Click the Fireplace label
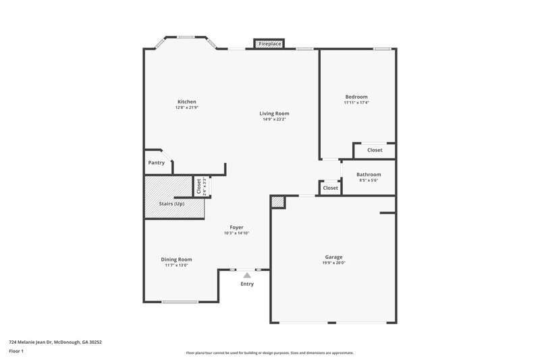(x=270, y=44)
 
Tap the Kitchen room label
(x=186, y=102)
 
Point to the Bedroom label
(x=356, y=97)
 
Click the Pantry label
(x=156, y=163)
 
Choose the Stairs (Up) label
(x=171, y=204)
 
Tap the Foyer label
(x=236, y=228)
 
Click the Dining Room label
(x=176, y=259)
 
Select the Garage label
(x=333, y=257)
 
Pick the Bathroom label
(x=369, y=175)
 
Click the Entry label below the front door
(x=247, y=284)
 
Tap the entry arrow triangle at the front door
(x=247, y=276)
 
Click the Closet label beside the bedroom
(x=375, y=150)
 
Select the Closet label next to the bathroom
(x=330, y=188)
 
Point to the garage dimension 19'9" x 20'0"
(x=333, y=263)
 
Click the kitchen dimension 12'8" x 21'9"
(x=186, y=107)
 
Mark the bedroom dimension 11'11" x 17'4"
(x=356, y=103)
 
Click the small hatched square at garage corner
(x=277, y=202)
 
